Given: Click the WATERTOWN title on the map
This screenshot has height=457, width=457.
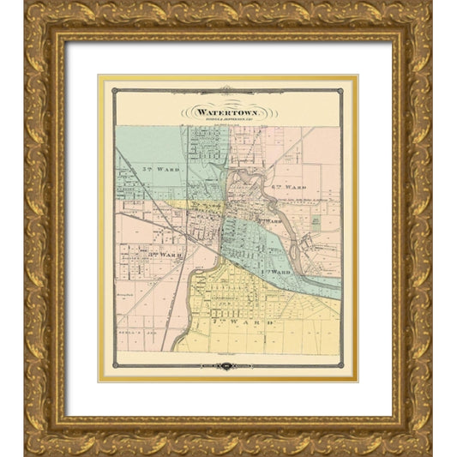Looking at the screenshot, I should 227,111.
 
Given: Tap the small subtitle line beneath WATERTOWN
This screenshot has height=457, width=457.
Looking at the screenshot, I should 227,119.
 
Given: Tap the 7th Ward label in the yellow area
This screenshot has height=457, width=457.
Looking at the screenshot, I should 256,322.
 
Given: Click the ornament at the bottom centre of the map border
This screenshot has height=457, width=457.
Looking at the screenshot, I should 227,366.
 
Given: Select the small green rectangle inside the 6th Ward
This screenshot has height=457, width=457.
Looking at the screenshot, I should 316,220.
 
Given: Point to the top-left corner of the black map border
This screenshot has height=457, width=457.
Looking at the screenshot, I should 112,89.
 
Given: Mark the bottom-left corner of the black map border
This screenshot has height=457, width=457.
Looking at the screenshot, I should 112,366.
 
